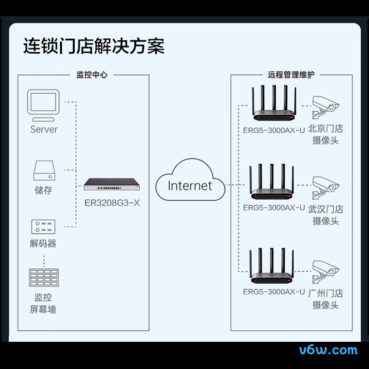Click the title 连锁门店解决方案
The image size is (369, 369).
coord(94,47)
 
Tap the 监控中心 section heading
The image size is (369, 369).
coord(91,74)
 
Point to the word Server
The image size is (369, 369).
coord(44,130)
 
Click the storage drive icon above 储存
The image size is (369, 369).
coord(44,171)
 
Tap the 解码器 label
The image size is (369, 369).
coord(43,244)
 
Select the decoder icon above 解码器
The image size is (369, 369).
coord(43,226)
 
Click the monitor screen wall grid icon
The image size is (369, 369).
coord(44,278)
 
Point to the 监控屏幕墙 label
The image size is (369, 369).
coord(43,303)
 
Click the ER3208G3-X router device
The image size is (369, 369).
coord(112,184)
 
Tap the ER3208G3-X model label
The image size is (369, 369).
coord(112,202)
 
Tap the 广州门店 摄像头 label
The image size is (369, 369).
coord(326,299)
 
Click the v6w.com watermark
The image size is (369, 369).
coord(328,350)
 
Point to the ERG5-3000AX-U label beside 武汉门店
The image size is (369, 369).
coord(274,208)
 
